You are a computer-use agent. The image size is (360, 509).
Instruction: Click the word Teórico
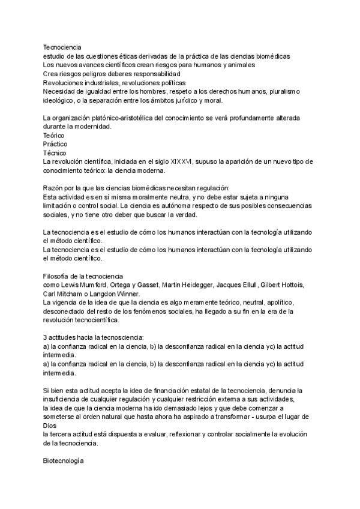tap(53, 136)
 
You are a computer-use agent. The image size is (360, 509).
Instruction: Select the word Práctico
tap(55, 144)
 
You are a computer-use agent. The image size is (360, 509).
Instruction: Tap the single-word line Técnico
tap(54, 153)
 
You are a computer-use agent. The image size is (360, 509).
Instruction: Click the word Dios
tap(50, 426)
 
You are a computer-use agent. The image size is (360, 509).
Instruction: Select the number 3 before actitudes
tap(46, 338)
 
